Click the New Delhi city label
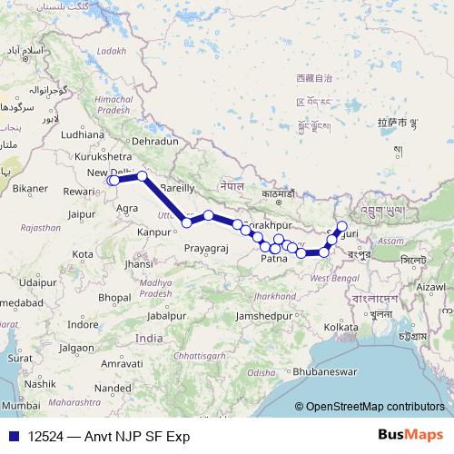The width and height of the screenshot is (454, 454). (109, 173)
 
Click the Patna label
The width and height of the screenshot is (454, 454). (274, 259)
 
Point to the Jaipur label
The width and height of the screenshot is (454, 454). (82, 214)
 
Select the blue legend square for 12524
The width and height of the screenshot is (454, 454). (13, 436)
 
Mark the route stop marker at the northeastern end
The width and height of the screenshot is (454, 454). (342, 226)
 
